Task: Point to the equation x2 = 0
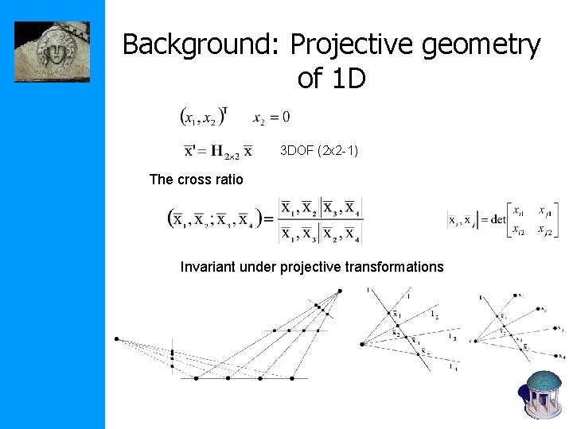coord(271,118)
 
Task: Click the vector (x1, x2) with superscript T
coord(204,117)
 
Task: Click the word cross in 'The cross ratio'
coord(194,180)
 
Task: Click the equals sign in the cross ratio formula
coord(267,219)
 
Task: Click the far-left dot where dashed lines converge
coord(116,339)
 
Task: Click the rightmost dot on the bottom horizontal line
coord(293,378)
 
